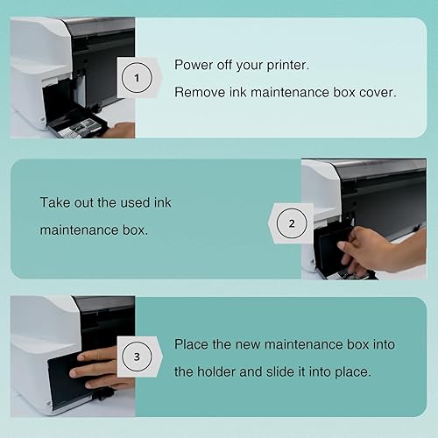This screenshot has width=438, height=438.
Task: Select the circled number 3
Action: tap(136, 358)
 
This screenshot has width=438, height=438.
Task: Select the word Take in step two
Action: tap(55, 202)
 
